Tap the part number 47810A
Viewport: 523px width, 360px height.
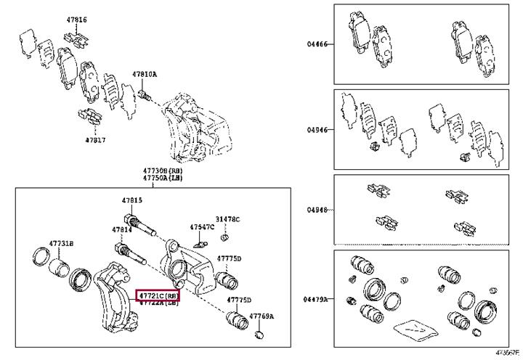[144, 74]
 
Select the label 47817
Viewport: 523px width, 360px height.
[95, 139]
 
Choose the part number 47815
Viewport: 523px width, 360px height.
[131, 200]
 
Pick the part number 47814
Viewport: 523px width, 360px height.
[122, 229]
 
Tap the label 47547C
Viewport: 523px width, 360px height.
[202, 227]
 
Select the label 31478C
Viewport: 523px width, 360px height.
[227, 219]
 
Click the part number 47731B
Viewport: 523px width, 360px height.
[61, 242]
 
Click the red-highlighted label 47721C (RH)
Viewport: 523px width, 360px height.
[158, 296]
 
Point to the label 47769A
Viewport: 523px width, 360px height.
[261, 316]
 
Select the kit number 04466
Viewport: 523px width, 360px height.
[317, 44]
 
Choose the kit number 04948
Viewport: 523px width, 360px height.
[317, 210]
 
